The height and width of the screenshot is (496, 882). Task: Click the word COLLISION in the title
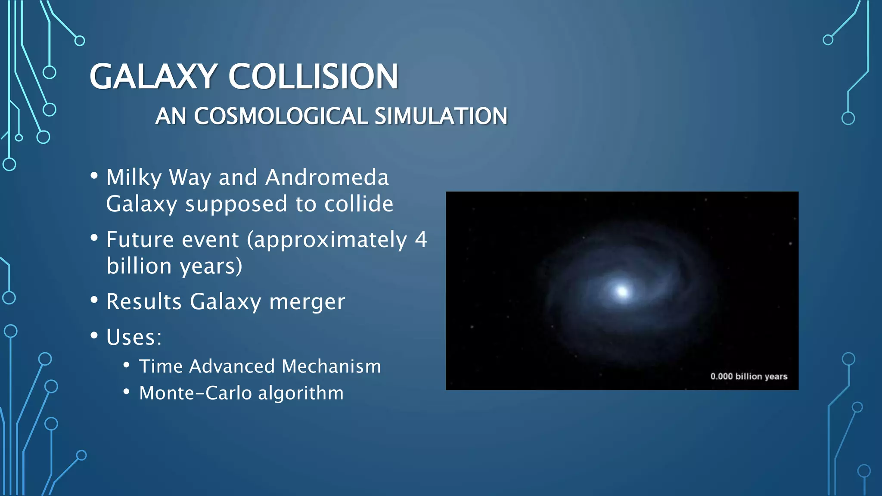[313, 77]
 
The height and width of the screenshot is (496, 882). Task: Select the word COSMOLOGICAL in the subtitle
[280, 116]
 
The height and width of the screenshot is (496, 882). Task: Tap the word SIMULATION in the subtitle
[441, 116]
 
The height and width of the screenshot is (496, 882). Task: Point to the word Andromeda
[327, 177]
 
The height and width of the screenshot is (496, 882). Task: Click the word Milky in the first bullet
[134, 177]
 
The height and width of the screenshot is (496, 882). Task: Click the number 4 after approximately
[421, 239]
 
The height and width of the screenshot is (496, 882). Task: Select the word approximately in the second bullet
[330, 240]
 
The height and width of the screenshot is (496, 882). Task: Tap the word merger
[307, 302]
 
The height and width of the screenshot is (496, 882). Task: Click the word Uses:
[134, 337]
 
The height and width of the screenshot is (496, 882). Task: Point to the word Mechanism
[331, 366]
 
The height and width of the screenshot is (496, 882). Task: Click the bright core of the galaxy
[622, 291]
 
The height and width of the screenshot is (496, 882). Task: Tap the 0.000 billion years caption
[748, 376]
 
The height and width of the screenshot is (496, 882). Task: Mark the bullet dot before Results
[94, 300]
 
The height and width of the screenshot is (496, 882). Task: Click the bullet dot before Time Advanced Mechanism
[126, 365]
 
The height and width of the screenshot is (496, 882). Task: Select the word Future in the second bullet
[140, 239]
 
